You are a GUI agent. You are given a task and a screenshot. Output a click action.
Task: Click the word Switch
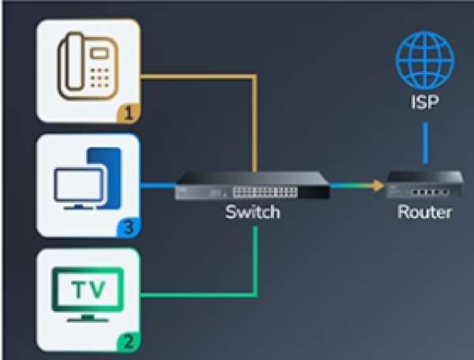(x=252, y=212)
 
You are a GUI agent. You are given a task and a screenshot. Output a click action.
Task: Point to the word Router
(x=425, y=212)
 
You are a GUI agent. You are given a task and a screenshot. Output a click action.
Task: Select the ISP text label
(x=425, y=102)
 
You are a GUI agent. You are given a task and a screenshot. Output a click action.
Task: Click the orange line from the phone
(x=197, y=77)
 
